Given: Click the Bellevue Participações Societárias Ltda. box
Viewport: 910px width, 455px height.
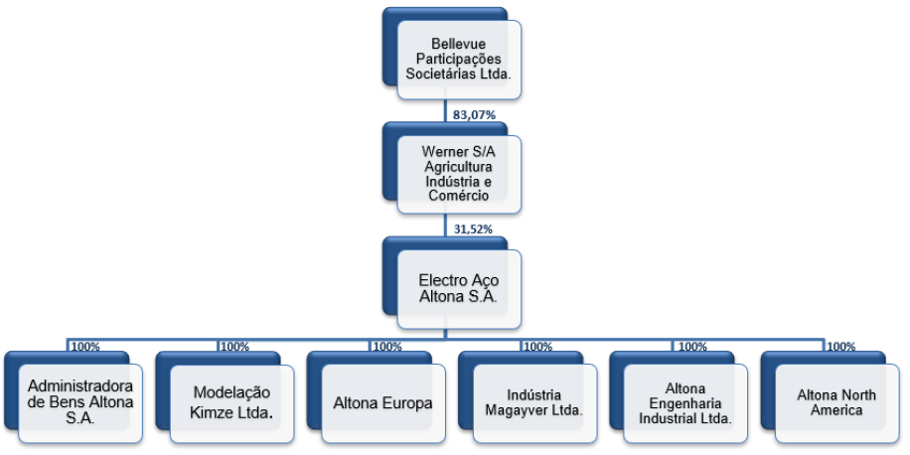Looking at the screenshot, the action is coord(459,60).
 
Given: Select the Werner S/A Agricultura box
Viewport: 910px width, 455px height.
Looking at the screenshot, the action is coord(459,174).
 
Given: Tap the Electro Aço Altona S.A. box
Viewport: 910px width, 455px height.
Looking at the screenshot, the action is coord(459,288).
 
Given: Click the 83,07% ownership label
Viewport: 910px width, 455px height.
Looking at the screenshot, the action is coord(474,115).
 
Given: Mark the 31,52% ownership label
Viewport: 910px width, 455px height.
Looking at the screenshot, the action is coord(473,229).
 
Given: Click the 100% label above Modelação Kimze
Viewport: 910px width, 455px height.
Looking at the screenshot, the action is coord(235,347).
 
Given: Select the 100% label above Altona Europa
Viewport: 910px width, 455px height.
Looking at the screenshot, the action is coord(386,347).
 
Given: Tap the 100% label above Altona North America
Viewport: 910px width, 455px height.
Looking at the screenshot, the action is coord(840,347).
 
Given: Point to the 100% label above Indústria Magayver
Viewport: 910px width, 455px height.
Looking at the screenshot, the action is coord(538,347).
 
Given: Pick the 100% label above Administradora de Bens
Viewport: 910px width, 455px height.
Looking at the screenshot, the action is coord(84,347).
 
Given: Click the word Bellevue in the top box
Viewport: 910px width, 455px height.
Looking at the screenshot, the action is coord(459,44).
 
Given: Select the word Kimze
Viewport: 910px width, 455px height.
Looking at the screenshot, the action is coord(213,414).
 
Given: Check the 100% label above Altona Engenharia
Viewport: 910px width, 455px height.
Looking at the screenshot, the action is coord(693,347).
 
